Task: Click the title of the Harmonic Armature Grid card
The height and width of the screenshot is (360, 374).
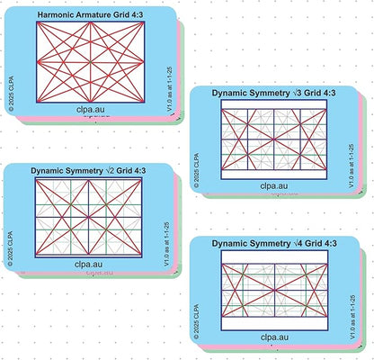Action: click(x=91, y=14)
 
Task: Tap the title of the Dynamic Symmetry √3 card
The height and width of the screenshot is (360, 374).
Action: click(x=273, y=93)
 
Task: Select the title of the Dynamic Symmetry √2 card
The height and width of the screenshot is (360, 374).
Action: click(x=88, y=171)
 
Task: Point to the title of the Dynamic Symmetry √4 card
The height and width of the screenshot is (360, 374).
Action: click(x=274, y=243)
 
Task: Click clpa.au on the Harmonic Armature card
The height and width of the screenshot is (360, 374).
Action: click(x=91, y=110)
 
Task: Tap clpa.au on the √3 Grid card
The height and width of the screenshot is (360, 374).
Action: click(x=274, y=186)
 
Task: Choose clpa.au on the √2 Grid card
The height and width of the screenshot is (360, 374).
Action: click(x=88, y=265)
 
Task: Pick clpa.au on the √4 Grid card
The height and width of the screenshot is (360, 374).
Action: click(x=274, y=337)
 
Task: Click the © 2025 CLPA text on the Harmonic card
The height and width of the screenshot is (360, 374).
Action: click(x=11, y=94)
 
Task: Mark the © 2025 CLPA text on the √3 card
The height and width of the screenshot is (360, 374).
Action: click(x=196, y=171)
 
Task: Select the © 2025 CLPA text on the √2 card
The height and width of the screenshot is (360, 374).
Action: click(x=11, y=248)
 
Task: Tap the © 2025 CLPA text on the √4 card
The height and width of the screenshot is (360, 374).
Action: click(x=196, y=322)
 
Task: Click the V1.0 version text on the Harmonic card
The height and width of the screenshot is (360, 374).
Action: click(x=169, y=89)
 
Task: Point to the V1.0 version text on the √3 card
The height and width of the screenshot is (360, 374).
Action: click(x=352, y=166)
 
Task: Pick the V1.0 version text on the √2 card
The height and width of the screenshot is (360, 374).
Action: click(x=166, y=244)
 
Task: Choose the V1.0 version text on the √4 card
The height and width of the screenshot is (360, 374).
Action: click(x=352, y=318)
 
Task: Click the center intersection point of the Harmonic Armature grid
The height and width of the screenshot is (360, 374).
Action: click(x=91, y=62)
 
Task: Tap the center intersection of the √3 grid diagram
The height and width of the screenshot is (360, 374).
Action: click(x=274, y=139)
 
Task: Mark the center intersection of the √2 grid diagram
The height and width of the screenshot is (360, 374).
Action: click(x=88, y=217)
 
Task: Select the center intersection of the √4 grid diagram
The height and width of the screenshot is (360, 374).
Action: click(x=274, y=290)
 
